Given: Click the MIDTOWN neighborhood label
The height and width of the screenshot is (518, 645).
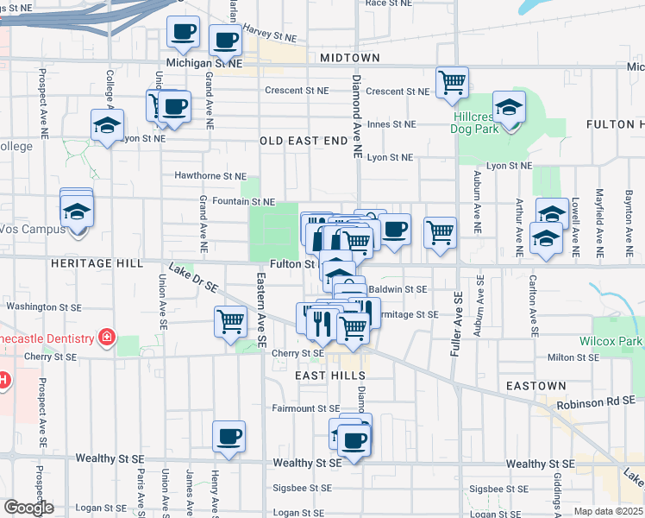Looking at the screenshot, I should tap(349, 58).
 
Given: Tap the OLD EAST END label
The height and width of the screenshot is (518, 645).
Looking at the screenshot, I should tap(302, 140).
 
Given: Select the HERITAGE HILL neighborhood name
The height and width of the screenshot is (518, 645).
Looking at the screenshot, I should tap(90, 262).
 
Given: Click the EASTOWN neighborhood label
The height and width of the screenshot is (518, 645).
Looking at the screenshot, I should tap(536, 386).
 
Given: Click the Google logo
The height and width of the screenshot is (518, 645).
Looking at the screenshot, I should tap(28, 508).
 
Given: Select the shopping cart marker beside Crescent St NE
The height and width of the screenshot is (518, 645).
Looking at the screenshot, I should tap(452, 83).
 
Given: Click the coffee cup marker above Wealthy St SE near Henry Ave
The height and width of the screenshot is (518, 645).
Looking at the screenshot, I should tap(229, 437).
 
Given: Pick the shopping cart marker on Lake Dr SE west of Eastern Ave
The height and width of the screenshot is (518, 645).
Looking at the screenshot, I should tap(230, 323).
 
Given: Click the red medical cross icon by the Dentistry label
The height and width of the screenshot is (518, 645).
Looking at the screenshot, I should tap(107, 336).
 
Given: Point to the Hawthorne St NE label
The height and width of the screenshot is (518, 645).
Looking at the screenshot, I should tap(210, 176).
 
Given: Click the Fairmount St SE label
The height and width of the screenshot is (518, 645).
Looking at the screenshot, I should tap(306, 408).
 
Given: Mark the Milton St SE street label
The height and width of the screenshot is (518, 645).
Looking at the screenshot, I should tap(573, 357).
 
